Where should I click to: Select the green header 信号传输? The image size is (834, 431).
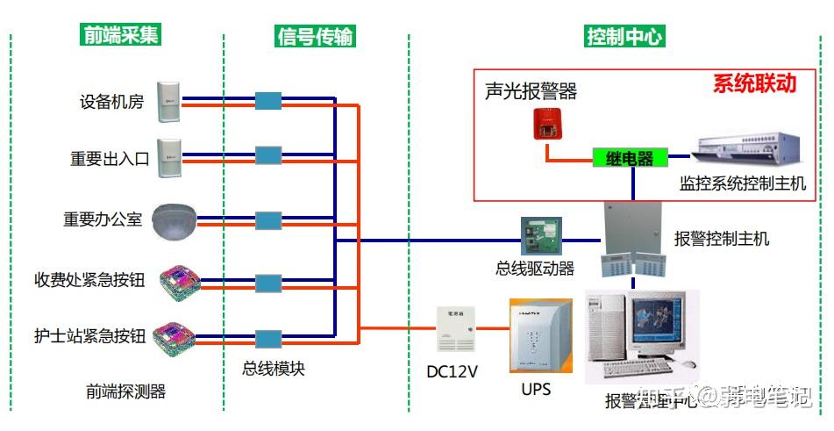point(316,35)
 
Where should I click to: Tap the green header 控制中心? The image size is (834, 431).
point(625,36)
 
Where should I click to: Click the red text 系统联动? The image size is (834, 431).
point(754,83)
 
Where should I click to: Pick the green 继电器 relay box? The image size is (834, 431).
point(630,158)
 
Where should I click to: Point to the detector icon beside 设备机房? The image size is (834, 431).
point(168,101)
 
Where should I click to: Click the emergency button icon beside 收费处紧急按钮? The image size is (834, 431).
point(180,281)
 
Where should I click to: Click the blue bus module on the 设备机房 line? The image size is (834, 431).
point(267,101)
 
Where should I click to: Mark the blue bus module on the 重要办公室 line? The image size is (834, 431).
point(267,219)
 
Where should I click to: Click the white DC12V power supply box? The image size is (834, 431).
point(455,329)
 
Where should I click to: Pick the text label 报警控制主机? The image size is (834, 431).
point(721,238)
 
